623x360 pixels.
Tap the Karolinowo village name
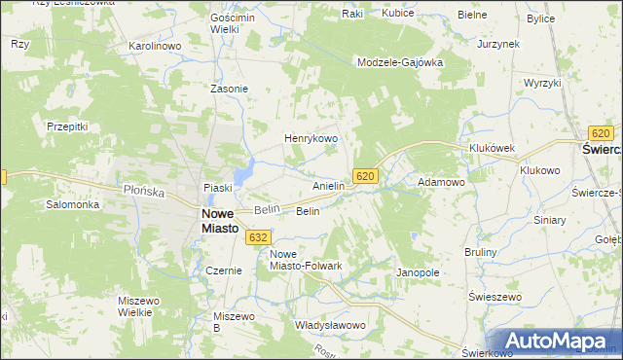click(156, 46)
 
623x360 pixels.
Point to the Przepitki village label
click(67, 126)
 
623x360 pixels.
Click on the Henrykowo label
click(310, 139)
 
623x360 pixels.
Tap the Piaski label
click(215, 188)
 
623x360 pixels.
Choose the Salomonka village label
click(73, 205)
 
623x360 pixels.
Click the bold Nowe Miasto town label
click(220, 221)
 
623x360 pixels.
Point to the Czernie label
click(223, 270)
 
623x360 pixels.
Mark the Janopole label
click(419, 272)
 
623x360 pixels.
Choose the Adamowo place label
click(441, 182)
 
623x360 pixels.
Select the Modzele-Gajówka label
click(400, 61)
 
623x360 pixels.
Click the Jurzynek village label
click(498, 45)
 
